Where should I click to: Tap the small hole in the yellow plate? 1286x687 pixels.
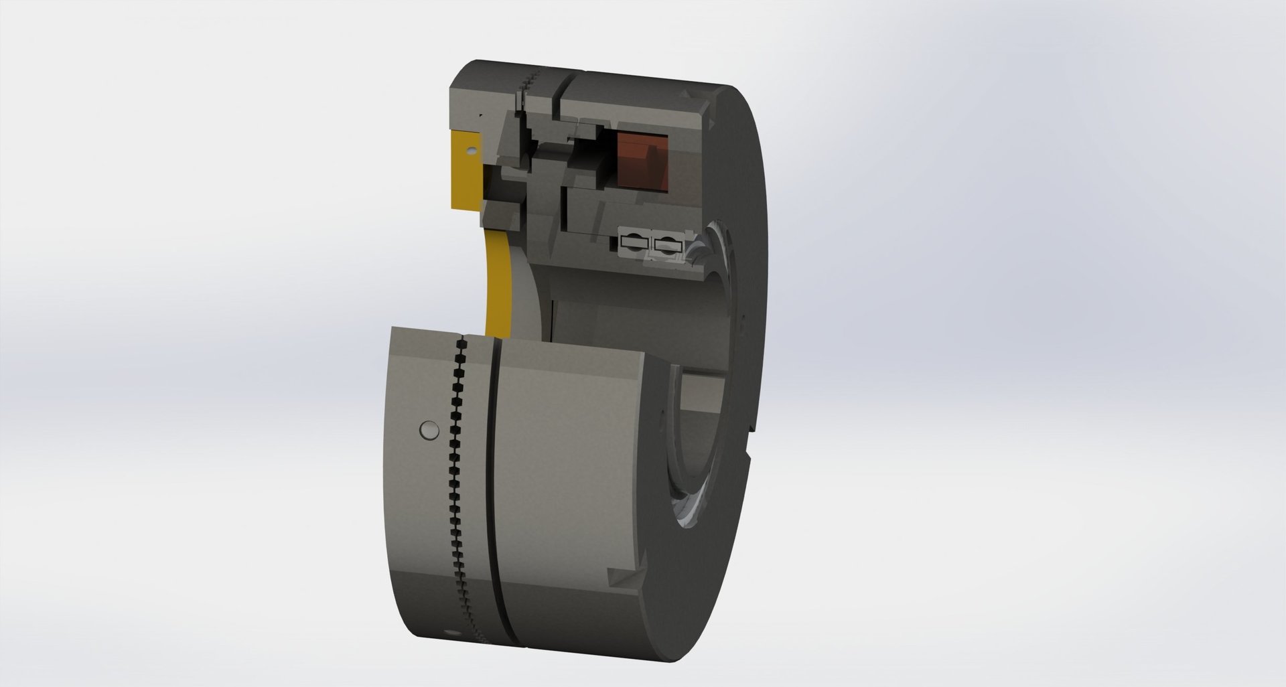pos(471,151)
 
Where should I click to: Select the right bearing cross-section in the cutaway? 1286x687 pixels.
pos(668,245)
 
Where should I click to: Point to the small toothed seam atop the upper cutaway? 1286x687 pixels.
pos(529,84)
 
